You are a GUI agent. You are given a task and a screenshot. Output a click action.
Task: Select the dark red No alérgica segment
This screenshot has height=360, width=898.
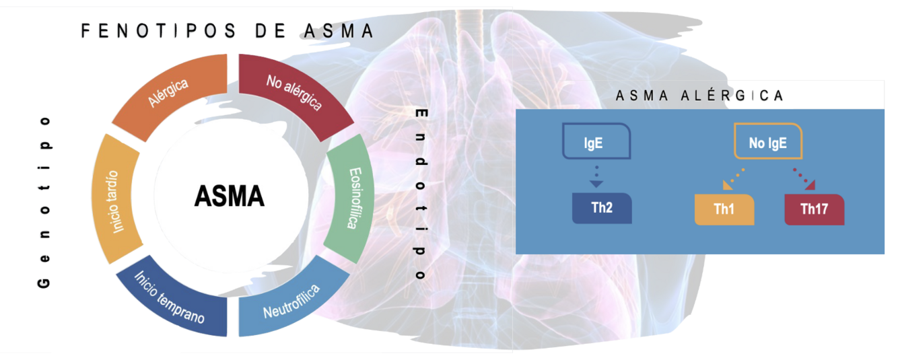(x=293, y=92)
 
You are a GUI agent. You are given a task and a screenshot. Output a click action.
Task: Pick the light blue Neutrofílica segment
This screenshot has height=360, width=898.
(x=291, y=302)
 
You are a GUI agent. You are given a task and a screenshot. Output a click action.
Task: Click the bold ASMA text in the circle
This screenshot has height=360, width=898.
(x=230, y=196)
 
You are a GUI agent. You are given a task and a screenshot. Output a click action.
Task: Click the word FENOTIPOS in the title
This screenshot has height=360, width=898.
(x=159, y=31)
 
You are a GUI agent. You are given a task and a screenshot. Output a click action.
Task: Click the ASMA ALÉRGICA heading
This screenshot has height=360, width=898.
(x=699, y=96)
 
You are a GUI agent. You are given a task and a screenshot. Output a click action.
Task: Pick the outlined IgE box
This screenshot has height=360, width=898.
(x=596, y=143)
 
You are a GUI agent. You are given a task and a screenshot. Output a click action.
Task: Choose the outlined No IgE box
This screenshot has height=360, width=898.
(x=767, y=143)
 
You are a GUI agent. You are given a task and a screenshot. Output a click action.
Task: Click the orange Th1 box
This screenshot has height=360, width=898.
(x=724, y=209)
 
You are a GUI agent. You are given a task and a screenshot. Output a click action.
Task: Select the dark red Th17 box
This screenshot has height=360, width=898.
(x=814, y=209)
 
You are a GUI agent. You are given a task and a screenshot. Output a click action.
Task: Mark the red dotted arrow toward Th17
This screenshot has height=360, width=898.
(x=804, y=178)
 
